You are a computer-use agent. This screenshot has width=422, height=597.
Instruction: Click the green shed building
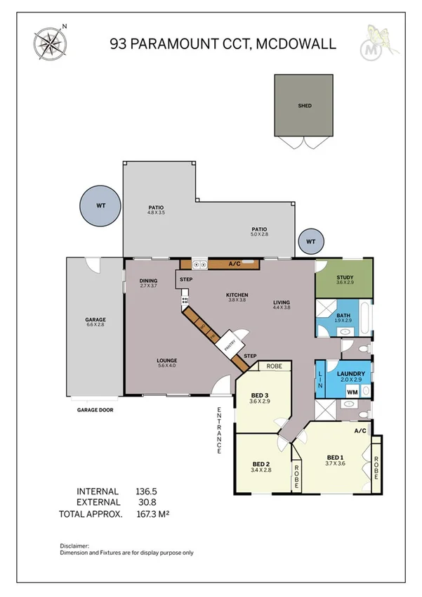(x=304, y=106)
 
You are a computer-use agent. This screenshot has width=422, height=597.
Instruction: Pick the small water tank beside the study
(x=311, y=242)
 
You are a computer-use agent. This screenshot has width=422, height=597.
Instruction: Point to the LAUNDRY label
(x=349, y=373)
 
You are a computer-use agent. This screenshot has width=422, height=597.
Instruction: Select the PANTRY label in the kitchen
(x=229, y=345)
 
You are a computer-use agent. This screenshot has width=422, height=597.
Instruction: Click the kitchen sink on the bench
(x=199, y=264)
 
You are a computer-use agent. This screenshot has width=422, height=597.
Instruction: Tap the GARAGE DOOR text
(x=95, y=409)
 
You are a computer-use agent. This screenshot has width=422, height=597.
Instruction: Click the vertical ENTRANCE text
(x=219, y=428)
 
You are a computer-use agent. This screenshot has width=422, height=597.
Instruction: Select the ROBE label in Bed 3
(x=275, y=366)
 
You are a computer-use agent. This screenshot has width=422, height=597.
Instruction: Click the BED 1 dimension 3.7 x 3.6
(x=334, y=462)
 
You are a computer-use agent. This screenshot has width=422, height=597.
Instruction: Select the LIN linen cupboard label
(x=320, y=380)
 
